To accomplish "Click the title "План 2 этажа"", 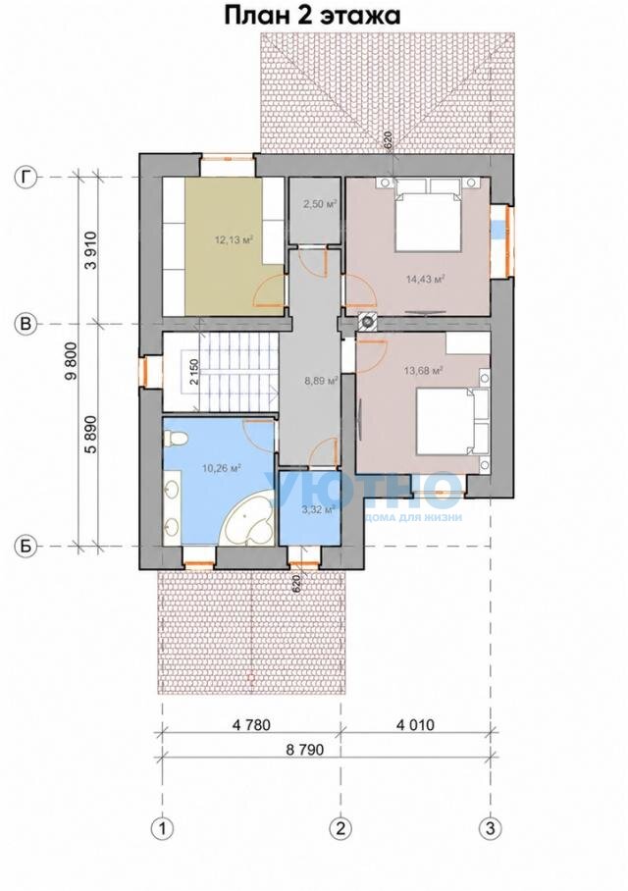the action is pos(313,16).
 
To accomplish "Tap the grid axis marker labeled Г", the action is pos(26,178).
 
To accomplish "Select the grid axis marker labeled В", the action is pos(26,324).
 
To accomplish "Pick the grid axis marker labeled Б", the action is pos(26,547).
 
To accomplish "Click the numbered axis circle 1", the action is pos(163,827).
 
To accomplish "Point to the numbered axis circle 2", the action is pos(341,827).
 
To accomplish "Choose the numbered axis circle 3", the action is pos(491,827).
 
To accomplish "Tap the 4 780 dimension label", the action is pos(249,725).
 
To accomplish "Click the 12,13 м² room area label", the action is pos(234,239).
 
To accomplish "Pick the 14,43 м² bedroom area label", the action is pos(425,279).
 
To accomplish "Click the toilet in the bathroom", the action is pos(173,438).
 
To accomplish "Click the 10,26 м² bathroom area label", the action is pos(222,469).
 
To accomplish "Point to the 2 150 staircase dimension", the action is pos(194,373).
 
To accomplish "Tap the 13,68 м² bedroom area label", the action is pos(423,371).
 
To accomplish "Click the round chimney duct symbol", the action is pos(368,322).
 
